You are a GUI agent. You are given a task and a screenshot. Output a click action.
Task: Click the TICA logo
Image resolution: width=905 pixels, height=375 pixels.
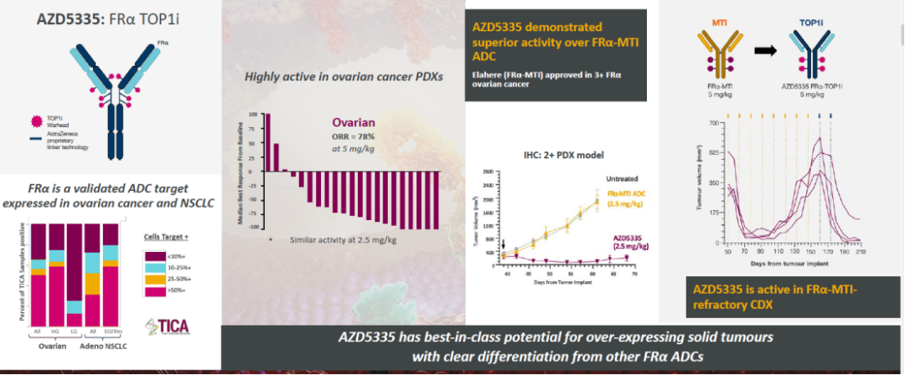(167, 327)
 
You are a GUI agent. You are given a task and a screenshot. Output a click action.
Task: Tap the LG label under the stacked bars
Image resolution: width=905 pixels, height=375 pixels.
(75, 333)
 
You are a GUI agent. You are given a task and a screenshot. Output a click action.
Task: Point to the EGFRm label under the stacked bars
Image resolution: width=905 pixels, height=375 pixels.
(111, 333)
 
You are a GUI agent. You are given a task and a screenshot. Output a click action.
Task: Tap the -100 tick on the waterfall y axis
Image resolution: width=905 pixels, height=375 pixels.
(255, 227)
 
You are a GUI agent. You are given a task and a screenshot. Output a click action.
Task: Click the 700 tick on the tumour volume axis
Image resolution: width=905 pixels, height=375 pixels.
(716, 123)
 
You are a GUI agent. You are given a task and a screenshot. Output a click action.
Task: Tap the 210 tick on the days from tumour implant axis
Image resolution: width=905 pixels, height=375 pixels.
(860, 252)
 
